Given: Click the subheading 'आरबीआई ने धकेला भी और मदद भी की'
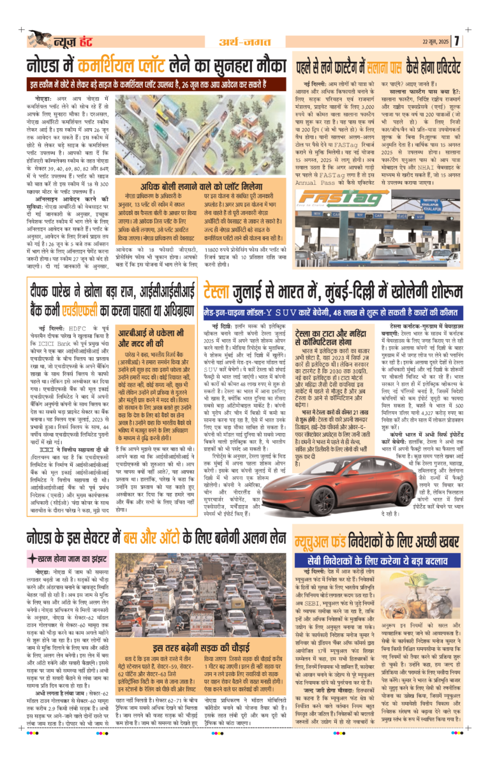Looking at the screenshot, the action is [156, 336].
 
